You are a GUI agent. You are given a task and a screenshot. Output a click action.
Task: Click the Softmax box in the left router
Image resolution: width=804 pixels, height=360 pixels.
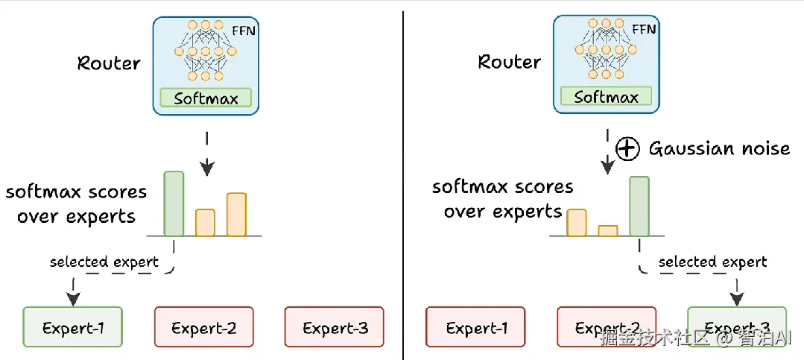click(x=206, y=98)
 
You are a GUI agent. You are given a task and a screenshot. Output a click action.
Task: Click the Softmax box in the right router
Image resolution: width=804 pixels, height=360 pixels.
click(x=605, y=96)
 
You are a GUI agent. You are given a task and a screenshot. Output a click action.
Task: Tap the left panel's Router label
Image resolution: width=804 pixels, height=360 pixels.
click(x=109, y=63)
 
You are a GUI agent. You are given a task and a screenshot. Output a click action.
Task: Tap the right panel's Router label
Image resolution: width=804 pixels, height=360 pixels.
click(x=509, y=61)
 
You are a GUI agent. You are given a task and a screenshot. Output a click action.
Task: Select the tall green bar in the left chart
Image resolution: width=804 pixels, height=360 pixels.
click(x=174, y=203)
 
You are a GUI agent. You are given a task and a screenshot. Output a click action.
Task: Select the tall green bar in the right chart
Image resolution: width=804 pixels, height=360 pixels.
click(x=639, y=206)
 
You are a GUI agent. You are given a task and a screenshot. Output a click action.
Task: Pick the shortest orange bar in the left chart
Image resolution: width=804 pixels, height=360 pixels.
click(x=205, y=222)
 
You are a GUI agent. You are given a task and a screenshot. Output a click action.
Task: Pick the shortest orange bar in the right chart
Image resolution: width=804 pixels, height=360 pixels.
click(x=608, y=230)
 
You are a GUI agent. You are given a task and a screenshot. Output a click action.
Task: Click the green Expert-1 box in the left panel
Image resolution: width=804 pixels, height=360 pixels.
click(x=72, y=327)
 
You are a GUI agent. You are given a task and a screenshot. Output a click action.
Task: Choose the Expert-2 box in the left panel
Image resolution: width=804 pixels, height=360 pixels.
click(x=203, y=327)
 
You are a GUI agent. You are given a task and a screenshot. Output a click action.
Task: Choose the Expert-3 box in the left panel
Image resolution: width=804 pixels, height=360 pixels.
click(x=335, y=327)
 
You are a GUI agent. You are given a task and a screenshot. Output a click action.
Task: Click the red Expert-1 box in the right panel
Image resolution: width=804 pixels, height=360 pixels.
click(x=475, y=327)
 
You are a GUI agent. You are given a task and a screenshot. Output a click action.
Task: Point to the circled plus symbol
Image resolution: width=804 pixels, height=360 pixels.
click(x=628, y=149)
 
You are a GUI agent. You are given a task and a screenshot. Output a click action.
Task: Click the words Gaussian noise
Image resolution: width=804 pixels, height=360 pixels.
click(x=719, y=148)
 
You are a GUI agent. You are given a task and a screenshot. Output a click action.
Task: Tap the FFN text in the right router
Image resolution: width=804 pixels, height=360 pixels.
click(x=643, y=30)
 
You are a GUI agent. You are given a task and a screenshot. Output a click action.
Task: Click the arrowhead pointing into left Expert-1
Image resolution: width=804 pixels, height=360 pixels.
click(x=73, y=299)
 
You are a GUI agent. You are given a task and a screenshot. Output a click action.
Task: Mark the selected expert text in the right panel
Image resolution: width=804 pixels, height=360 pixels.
click(x=712, y=262)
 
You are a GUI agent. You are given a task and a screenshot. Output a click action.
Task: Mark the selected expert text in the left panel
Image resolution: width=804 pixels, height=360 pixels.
click(x=104, y=262)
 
